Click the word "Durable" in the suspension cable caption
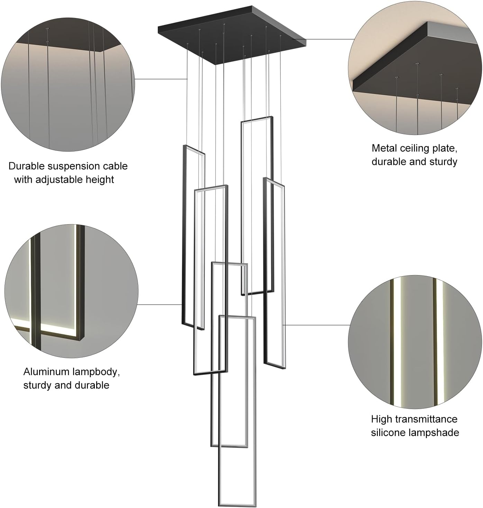(x=26, y=166)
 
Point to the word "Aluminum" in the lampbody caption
(x=46, y=372)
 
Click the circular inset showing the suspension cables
(x=68, y=84)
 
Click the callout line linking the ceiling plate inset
(x=329, y=39)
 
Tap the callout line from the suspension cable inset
(x=161, y=79)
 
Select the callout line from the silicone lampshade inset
(x=317, y=325)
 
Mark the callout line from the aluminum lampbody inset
(x=160, y=305)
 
